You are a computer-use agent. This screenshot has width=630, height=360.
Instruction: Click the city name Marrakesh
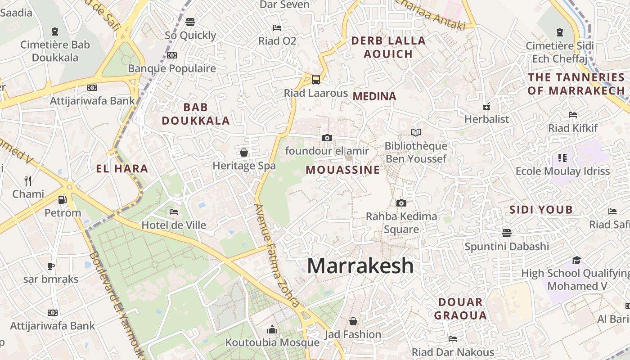[x=360, y=265]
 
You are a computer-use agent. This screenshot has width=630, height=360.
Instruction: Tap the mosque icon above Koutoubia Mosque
[x=272, y=330]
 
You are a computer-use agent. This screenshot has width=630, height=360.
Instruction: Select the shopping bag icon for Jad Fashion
[x=353, y=321]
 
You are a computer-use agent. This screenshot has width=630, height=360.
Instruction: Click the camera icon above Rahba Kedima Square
[x=401, y=203]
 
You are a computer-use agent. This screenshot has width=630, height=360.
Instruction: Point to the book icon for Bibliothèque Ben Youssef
[x=416, y=133]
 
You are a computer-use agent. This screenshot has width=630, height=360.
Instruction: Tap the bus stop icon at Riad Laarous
[x=316, y=80]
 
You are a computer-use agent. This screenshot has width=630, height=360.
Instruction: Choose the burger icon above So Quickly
[x=190, y=22]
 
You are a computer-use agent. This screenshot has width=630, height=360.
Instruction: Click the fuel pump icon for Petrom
[x=63, y=199]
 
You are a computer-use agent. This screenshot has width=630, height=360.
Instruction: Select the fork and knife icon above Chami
[x=28, y=181]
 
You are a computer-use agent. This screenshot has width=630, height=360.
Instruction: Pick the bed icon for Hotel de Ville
[x=174, y=211]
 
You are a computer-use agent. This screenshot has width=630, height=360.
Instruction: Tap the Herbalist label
[x=486, y=119]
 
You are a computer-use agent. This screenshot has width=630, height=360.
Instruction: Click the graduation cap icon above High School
[x=576, y=260]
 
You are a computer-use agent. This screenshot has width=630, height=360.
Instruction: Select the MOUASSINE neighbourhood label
[x=343, y=170]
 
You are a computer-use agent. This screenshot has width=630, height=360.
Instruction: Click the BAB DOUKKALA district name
[x=196, y=114]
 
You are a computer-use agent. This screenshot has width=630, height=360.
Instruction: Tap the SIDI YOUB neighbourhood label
[x=541, y=210]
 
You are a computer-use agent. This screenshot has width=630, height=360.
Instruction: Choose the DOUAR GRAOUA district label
[x=460, y=308]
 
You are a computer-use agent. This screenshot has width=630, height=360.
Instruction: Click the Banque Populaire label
[x=172, y=68]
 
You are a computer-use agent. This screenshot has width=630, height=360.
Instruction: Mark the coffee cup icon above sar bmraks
[x=51, y=266]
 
